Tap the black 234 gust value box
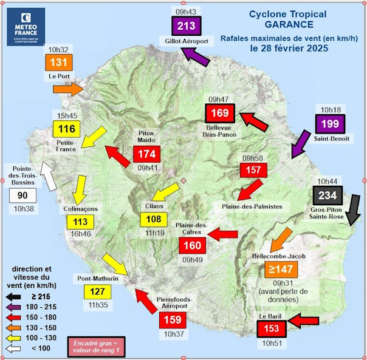(x=330, y=195)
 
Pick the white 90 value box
(x=23, y=196)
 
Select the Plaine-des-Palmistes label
(x=253, y=206)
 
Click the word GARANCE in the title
(x=289, y=25)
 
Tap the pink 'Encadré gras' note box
(x=95, y=346)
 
